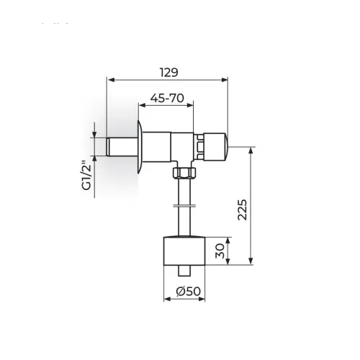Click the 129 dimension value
click(x=169, y=73)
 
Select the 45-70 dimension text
click(x=167, y=98)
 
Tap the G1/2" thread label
click(x=87, y=174)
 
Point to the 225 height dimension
click(x=242, y=210)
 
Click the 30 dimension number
click(x=220, y=251)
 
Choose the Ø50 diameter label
click(x=188, y=292)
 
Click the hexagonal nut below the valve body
click(x=184, y=173)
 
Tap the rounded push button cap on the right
click(x=215, y=146)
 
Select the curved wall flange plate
click(x=140, y=146)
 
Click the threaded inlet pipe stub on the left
click(x=122, y=147)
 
